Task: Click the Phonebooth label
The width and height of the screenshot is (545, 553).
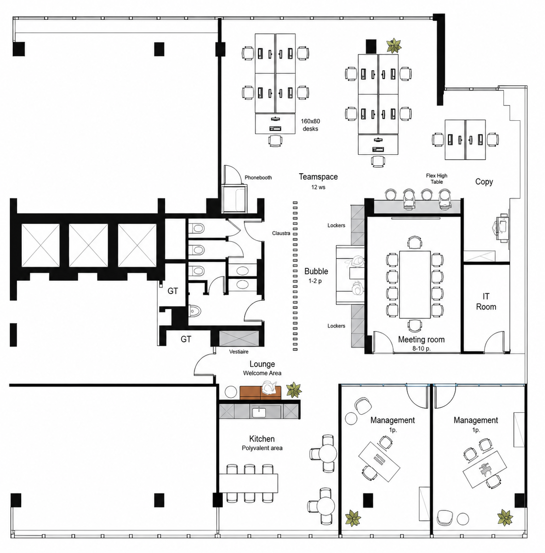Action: (x=258, y=178)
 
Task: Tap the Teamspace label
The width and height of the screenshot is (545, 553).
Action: (x=318, y=177)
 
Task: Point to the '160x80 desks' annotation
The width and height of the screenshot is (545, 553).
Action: (x=310, y=125)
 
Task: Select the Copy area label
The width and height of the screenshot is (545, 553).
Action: (x=484, y=182)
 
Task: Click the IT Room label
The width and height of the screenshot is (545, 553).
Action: (x=486, y=302)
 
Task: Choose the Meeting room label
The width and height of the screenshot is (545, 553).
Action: (x=422, y=339)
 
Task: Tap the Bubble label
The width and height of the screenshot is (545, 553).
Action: (x=316, y=271)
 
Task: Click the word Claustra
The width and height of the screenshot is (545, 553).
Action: (x=281, y=233)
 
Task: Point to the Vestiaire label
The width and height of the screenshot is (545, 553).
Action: (x=239, y=352)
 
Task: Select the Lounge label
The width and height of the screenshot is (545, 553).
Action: (x=262, y=364)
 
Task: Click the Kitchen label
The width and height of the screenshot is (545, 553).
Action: (x=262, y=439)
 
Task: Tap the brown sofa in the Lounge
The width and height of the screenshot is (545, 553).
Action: (x=261, y=392)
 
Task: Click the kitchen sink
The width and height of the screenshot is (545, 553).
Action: (x=259, y=412)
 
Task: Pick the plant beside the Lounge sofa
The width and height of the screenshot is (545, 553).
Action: (x=293, y=390)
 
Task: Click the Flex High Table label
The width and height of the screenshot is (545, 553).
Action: (x=437, y=179)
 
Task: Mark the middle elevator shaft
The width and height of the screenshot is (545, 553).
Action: (x=88, y=245)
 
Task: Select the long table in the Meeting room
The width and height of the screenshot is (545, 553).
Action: (x=415, y=284)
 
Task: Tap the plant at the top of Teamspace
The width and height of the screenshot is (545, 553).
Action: (x=394, y=45)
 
